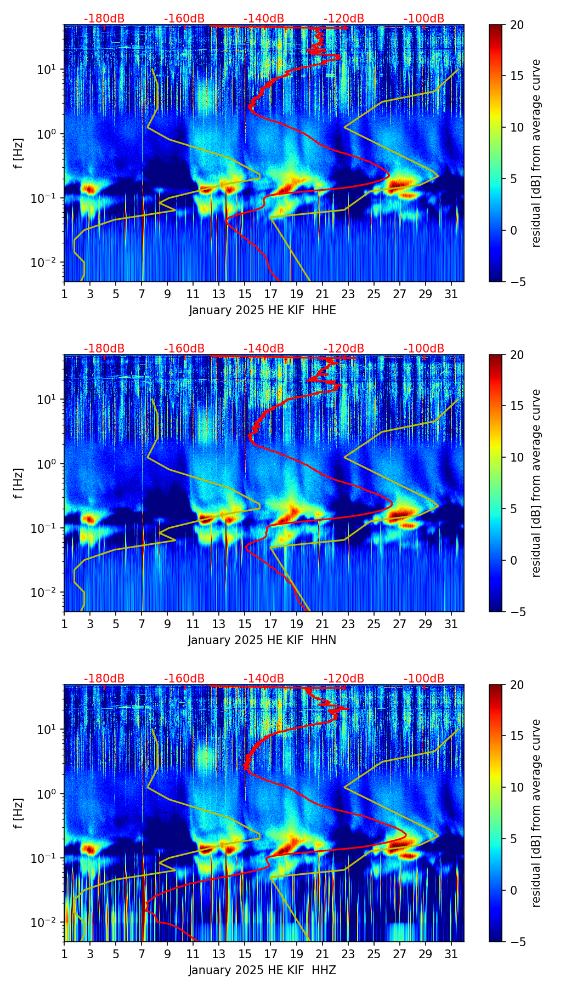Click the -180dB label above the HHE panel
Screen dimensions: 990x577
104,19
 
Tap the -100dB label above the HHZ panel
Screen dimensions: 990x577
424,679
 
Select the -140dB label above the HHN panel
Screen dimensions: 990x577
264,349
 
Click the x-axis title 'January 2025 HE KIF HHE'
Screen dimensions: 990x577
262,310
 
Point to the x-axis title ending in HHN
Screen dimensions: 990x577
262,640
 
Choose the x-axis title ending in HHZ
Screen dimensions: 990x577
262,970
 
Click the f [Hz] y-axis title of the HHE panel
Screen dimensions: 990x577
19,153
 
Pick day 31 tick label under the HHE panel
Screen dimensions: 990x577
451,293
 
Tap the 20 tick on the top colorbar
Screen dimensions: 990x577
517,25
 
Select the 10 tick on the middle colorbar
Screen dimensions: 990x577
517,457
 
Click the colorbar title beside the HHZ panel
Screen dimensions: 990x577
536,813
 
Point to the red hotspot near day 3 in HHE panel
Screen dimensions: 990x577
89,189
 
